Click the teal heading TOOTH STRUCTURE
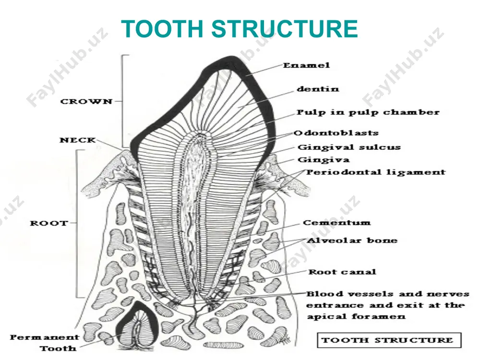click(240, 28)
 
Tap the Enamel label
click(306, 65)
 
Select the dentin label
click(318, 89)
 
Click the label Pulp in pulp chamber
click(368, 112)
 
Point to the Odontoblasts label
click(336, 133)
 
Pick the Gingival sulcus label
click(349, 147)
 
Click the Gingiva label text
click(324, 160)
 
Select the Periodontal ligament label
click(376, 172)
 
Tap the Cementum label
click(337, 223)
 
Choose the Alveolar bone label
click(352, 240)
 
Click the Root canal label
click(342, 272)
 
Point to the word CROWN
click(86, 101)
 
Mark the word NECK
click(78, 140)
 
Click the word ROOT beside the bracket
click(49, 223)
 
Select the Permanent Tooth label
click(44, 343)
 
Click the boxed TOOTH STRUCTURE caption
click(389, 340)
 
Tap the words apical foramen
click(356, 316)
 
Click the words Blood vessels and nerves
click(388, 294)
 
